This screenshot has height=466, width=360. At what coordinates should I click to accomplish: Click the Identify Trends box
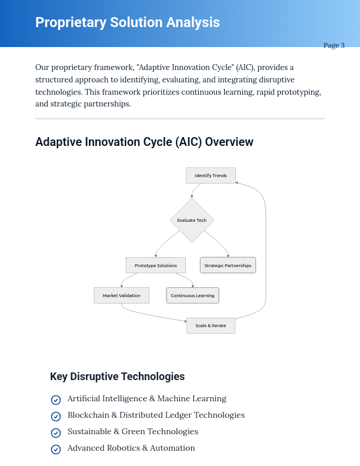(211, 175)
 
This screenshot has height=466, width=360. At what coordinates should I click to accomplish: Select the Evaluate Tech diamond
(192, 220)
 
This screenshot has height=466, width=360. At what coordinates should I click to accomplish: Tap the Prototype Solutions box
(155, 265)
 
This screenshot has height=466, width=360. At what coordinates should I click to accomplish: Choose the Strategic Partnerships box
(228, 265)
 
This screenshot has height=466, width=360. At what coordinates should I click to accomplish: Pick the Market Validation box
(121, 295)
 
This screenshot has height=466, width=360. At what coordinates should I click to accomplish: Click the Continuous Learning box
(192, 295)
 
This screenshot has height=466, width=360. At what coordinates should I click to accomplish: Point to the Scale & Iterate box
(211, 325)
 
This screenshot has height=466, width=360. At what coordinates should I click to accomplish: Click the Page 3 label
(334, 45)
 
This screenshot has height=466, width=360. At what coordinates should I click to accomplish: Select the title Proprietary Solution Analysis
(128, 22)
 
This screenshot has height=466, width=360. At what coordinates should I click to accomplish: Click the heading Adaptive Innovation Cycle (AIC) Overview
(144, 142)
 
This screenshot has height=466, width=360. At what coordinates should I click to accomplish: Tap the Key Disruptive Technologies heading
(117, 377)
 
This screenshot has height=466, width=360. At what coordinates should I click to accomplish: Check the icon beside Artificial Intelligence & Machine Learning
(56, 400)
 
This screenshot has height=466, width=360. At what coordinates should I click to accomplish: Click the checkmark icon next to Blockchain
(56, 417)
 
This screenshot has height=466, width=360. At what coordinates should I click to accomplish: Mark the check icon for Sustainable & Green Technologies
(56, 433)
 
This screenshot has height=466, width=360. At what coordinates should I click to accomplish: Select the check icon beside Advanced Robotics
(56, 450)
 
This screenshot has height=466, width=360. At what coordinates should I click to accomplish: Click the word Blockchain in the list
(88, 415)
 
